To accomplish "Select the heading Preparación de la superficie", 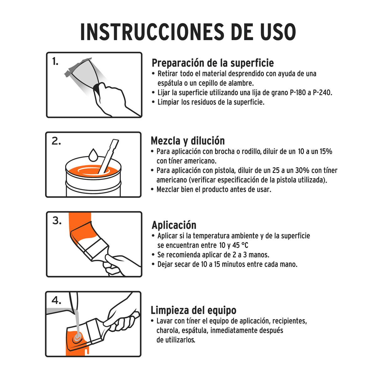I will coord(212,63).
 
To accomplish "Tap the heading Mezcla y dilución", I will coord(187,140).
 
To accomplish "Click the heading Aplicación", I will coord(174,225).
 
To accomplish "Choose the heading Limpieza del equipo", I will coord(193,310).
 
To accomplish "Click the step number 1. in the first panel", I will coord(55,62).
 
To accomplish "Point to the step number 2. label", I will coord(56,141).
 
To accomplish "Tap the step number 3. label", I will coord(57,221).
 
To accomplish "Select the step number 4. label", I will coord(56,300).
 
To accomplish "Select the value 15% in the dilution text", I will coord(326,152).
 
